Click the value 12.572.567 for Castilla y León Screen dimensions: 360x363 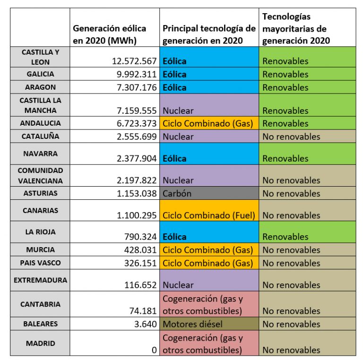tap(129, 61)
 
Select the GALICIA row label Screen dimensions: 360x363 tap(40, 74)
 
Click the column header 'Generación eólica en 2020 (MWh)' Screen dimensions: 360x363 tap(109, 34)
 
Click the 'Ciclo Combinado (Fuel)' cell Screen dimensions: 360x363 tap(208, 215)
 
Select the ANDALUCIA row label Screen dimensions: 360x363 tap(40, 123)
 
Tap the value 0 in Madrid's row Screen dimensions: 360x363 tap(154, 350)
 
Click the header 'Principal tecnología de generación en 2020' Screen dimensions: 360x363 tap(208, 34)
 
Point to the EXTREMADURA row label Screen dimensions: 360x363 tap(40, 280)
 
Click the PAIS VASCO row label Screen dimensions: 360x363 tap(40, 263)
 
